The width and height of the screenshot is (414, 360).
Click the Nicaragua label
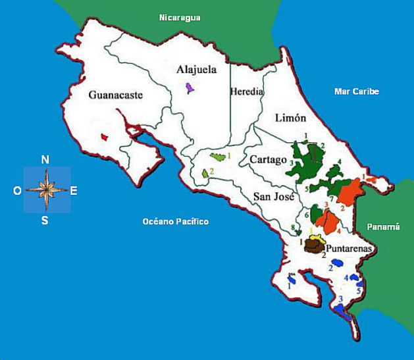179,18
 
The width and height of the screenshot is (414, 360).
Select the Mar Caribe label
356,91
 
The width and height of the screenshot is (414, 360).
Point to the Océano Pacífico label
175,222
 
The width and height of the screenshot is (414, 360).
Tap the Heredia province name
247,92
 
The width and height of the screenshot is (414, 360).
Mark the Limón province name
290,118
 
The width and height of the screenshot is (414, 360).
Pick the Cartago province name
267,160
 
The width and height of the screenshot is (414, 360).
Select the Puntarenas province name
349,249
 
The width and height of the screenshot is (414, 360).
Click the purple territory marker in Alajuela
190,87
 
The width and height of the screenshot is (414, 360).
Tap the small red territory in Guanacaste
104,137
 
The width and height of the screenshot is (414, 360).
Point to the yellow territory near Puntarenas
316,236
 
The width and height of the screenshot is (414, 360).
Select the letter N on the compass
45,159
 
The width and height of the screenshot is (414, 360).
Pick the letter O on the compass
17,191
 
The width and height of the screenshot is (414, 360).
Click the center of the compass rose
47,190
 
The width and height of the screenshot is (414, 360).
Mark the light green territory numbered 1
218,158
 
